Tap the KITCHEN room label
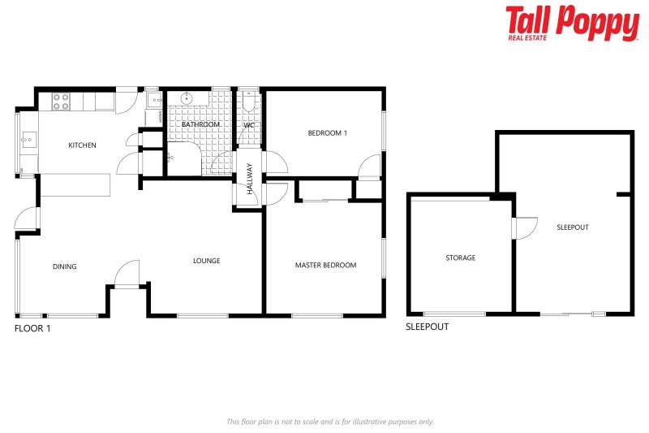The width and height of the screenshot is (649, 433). click(x=82, y=145)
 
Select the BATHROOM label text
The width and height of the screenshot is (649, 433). click(x=200, y=124)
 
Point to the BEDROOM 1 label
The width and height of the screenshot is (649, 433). click(x=327, y=132)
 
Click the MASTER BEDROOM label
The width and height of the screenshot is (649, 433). click(x=325, y=265)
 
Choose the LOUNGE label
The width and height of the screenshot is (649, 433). click(x=206, y=261)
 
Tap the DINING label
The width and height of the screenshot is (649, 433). click(x=65, y=266)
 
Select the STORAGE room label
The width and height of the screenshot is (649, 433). click(x=460, y=258)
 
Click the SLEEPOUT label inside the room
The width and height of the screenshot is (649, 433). click(x=573, y=227)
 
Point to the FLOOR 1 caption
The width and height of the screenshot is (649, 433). click(x=32, y=328)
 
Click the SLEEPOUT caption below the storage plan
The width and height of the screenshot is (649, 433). click(x=427, y=327)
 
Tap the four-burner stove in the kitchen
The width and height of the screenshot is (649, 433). click(x=62, y=102)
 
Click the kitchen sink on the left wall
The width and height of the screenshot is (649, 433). click(x=27, y=141)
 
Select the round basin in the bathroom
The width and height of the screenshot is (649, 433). click(x=187, y=98)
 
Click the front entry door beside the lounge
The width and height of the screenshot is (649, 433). click(x=127, y=274)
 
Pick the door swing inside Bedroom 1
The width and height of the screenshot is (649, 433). click(x=369, y=166)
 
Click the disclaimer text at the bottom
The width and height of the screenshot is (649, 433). click(x=329, y=422)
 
